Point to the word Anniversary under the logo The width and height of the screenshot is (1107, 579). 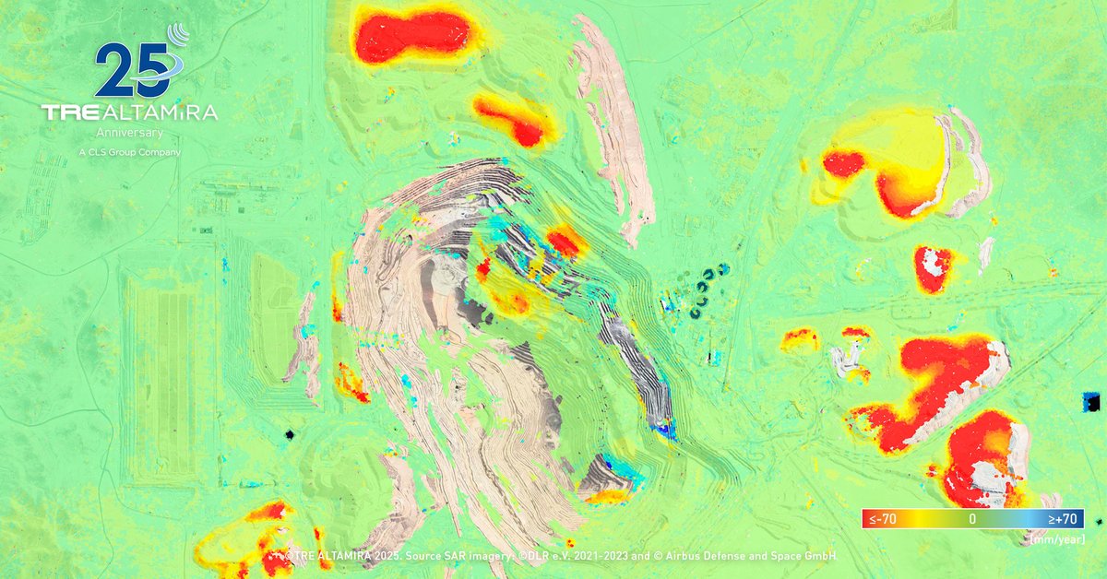[129, 133]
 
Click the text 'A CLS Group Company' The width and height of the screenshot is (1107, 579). [129, 151]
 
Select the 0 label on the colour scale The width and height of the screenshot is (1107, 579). [972, 520]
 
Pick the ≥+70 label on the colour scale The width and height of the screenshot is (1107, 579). [1065, 520]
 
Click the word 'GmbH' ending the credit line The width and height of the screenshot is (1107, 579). [820, 556]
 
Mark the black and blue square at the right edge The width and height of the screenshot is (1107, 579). [1091, 401]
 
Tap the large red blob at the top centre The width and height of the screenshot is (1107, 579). [413, 34]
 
